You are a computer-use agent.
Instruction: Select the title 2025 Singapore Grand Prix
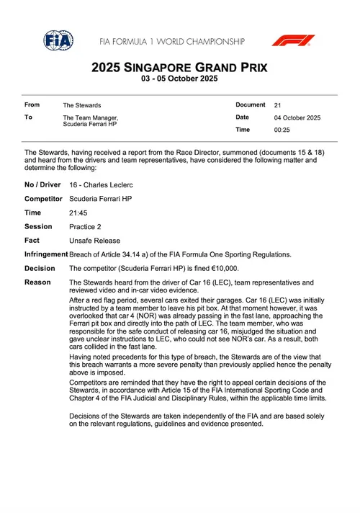(179, 68)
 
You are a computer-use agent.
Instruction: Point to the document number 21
(278, 105)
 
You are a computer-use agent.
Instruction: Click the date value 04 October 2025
(297, 117)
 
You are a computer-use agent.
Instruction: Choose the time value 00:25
(282, 130)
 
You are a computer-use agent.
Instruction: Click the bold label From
(32, 105)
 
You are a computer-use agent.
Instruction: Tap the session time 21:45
(78, 213)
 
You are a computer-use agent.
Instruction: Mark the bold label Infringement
(46, 254)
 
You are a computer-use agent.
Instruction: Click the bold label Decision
(40, 267)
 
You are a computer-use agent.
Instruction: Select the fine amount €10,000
(203, 267)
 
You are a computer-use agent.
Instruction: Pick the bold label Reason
(37, 281)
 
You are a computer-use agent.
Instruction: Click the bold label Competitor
(43, 199)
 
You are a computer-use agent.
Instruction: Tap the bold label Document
(250, 105)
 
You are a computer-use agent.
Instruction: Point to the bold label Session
(38, 226)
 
